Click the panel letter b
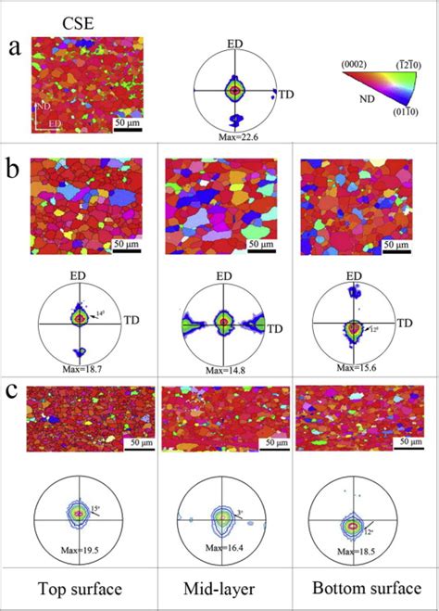(x=14, y=172)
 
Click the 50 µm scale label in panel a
(x=127, y=122)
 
